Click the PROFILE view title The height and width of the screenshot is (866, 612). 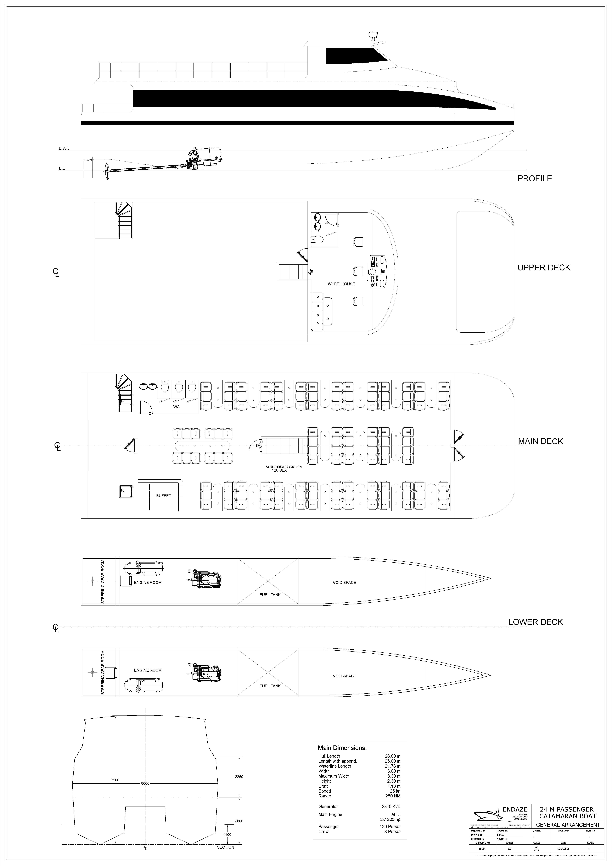click(x=534, y=178)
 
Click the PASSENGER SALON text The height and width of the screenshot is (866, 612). click(x=283, y=467)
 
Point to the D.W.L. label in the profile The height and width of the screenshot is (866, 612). click(x=64, y=149)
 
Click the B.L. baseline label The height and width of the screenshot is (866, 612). click(x=62, y=169)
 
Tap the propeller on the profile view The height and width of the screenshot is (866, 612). click(x=107, y=170)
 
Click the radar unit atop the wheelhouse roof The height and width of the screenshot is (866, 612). click(x=373, y=35)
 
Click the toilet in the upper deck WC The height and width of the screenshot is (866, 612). click(x=318, y=239)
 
